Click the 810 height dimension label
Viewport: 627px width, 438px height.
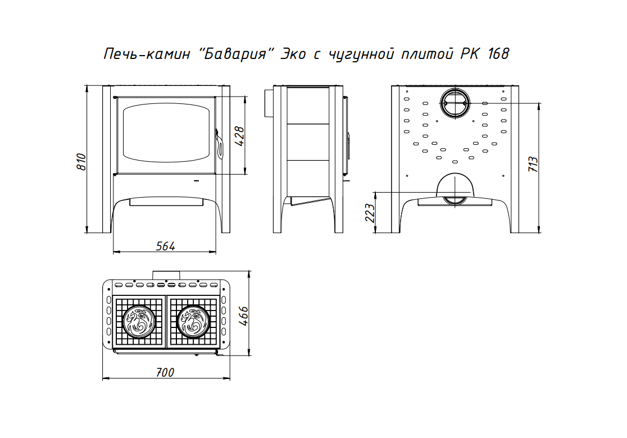81,162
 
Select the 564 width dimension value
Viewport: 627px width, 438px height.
166,246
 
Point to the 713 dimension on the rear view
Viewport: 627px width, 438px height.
533,164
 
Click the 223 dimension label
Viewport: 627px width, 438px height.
370,213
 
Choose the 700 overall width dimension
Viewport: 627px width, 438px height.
165,372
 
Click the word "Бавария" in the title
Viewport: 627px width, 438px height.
235,53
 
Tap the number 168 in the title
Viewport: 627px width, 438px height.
498,53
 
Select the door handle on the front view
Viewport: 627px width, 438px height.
219,143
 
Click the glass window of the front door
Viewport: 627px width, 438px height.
166,133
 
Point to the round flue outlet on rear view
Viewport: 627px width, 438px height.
455,103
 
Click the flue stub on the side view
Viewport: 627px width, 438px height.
268,103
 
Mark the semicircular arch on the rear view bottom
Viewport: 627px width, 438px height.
455,185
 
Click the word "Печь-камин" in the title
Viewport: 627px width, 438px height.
146,54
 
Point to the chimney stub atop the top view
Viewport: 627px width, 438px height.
166,275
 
